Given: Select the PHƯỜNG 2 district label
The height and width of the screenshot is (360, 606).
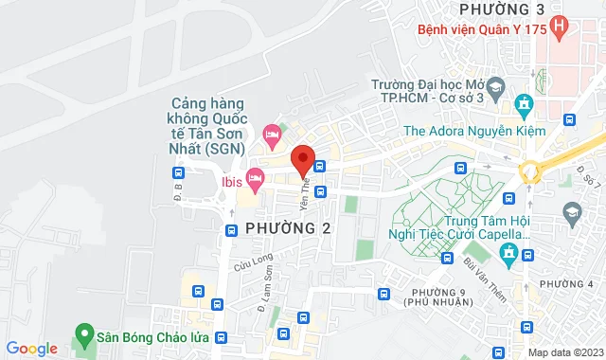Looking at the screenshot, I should point(288,228).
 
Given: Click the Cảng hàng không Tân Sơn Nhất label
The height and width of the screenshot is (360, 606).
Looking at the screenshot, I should point(208,125).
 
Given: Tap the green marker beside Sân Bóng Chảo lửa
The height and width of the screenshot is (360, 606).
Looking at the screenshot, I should point(83,334).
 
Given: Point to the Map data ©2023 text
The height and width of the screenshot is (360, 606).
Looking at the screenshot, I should point(564,352).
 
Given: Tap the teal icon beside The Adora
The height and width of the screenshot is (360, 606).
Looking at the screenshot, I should point(523,103).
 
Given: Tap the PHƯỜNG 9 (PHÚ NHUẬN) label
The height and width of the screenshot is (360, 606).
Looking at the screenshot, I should point(436,296).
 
